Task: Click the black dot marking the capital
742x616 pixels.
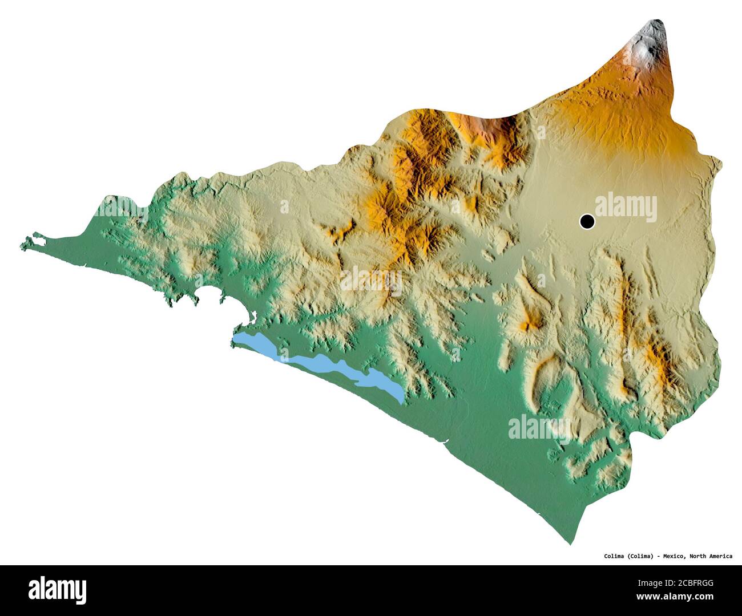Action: coord(586,221)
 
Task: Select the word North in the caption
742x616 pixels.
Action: coord(700,556)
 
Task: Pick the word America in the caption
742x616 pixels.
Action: coord(722,556)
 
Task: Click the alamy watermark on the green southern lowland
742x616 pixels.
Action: coord(539,428)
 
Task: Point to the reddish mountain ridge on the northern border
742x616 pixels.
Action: coord(485,128)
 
